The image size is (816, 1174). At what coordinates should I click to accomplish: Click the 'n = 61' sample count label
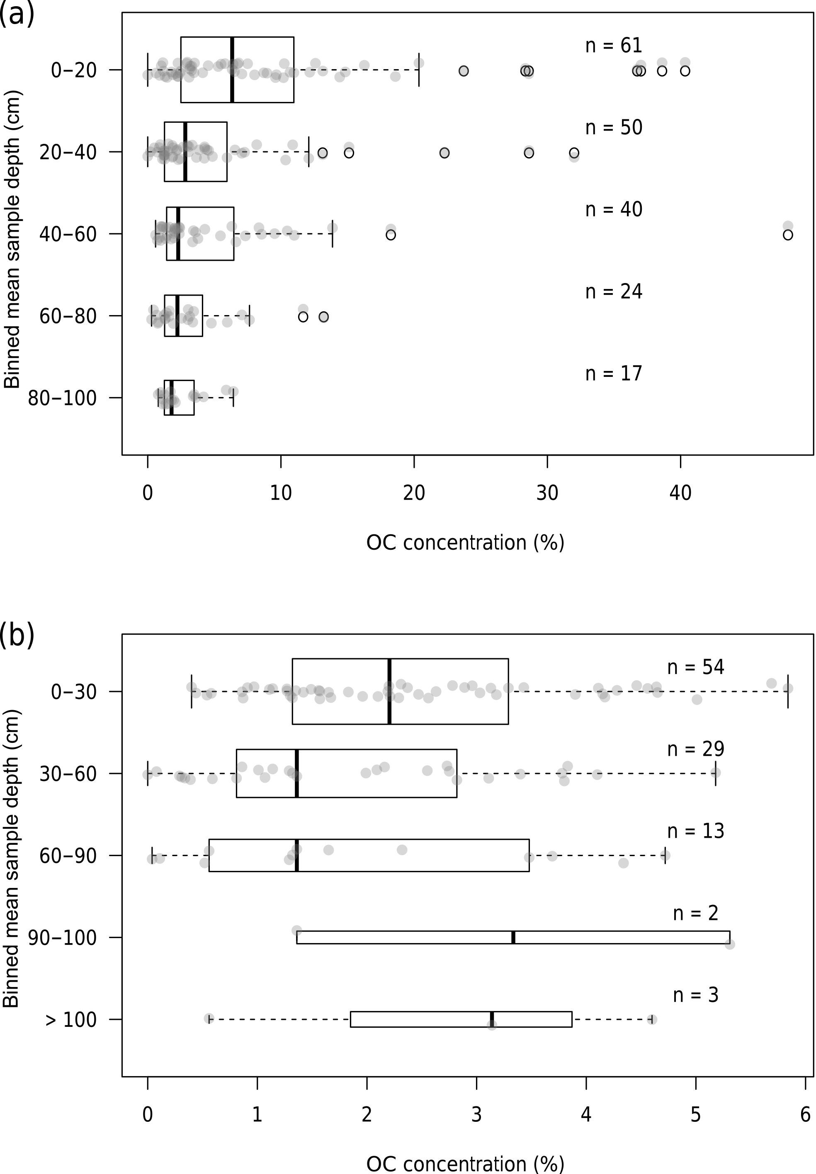614,46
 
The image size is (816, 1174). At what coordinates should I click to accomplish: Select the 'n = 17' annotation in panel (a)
614,374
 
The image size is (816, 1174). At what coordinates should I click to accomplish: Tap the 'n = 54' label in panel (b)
695,667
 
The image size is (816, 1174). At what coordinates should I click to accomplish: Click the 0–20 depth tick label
74,70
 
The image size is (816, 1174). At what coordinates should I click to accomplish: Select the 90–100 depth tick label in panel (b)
62,938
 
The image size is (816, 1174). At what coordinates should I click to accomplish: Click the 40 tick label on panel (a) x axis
680,493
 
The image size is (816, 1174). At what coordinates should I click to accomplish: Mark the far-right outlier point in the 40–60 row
788,235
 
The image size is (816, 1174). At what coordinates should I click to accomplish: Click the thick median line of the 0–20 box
232,70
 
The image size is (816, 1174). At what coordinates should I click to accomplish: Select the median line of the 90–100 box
513,937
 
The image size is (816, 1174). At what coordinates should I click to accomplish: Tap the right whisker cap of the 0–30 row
788,691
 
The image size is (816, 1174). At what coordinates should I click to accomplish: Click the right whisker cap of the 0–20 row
419,70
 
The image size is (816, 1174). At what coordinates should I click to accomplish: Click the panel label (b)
17,636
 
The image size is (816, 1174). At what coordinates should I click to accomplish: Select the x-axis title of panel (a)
465,543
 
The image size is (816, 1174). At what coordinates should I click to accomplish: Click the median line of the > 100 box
492,1019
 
